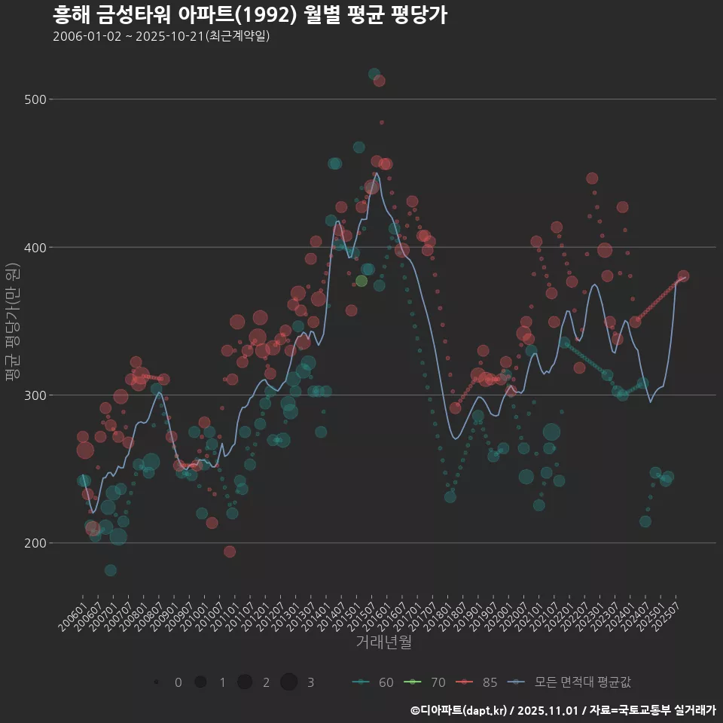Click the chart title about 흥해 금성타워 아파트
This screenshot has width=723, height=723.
tap(250, 15)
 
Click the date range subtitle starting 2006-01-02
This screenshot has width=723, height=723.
tap(161, 36)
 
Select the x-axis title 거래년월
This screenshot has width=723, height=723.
tap(383, 642)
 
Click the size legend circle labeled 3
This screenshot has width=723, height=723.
tap(288, 682)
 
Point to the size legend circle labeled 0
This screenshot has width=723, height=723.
tap(156, 682)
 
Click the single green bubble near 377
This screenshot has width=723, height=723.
tap(361, 281)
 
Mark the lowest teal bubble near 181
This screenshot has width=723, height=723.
tap(111, 570)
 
